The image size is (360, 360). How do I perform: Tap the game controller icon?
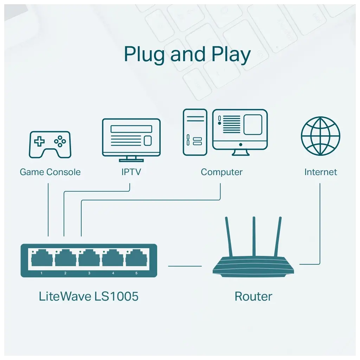click(x=50, y=144)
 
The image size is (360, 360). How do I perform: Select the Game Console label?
click(x=50, y=172)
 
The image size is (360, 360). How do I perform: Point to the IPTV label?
click(x=131, y=172)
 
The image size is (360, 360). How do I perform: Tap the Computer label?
click(x=221, y=172)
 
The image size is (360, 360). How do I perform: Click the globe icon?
click(x=320, y=136)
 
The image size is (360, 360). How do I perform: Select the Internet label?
click(x=320, y=172)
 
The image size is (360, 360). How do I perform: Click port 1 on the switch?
click(x=42, y=259)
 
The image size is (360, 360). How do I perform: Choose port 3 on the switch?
click(x=89, y=259)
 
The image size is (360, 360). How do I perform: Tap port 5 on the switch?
click(x=136, y=259)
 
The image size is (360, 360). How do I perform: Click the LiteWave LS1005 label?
click(x=89, y=296)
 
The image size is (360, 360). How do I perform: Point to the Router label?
click(x=253, y=296)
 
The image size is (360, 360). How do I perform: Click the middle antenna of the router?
click(x=253, y=236)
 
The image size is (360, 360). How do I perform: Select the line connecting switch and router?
click(x=185, y=266)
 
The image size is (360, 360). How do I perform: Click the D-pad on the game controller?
click(x=39, y=142)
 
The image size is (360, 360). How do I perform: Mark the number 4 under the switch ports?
click(x=113, y=273)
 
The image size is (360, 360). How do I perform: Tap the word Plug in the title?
click(x=144, y=54)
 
